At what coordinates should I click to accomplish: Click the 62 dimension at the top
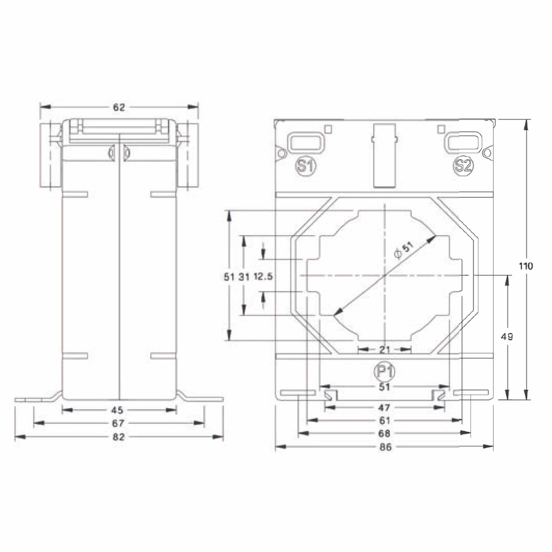(x=119, y=107)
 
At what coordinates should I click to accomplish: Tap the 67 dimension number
(x=118, y=423)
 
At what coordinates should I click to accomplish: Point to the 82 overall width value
(x=118, y=437)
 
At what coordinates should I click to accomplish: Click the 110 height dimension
(x=526, y=266)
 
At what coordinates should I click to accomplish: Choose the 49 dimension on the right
(x=507, y=337)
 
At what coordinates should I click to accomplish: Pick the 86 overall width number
(x=385, y=447)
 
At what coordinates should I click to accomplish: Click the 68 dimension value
(x=384, y=433)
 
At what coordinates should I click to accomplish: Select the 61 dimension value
(x=384, y=420)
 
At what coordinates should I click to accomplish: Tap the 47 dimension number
(x=384, y=407)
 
